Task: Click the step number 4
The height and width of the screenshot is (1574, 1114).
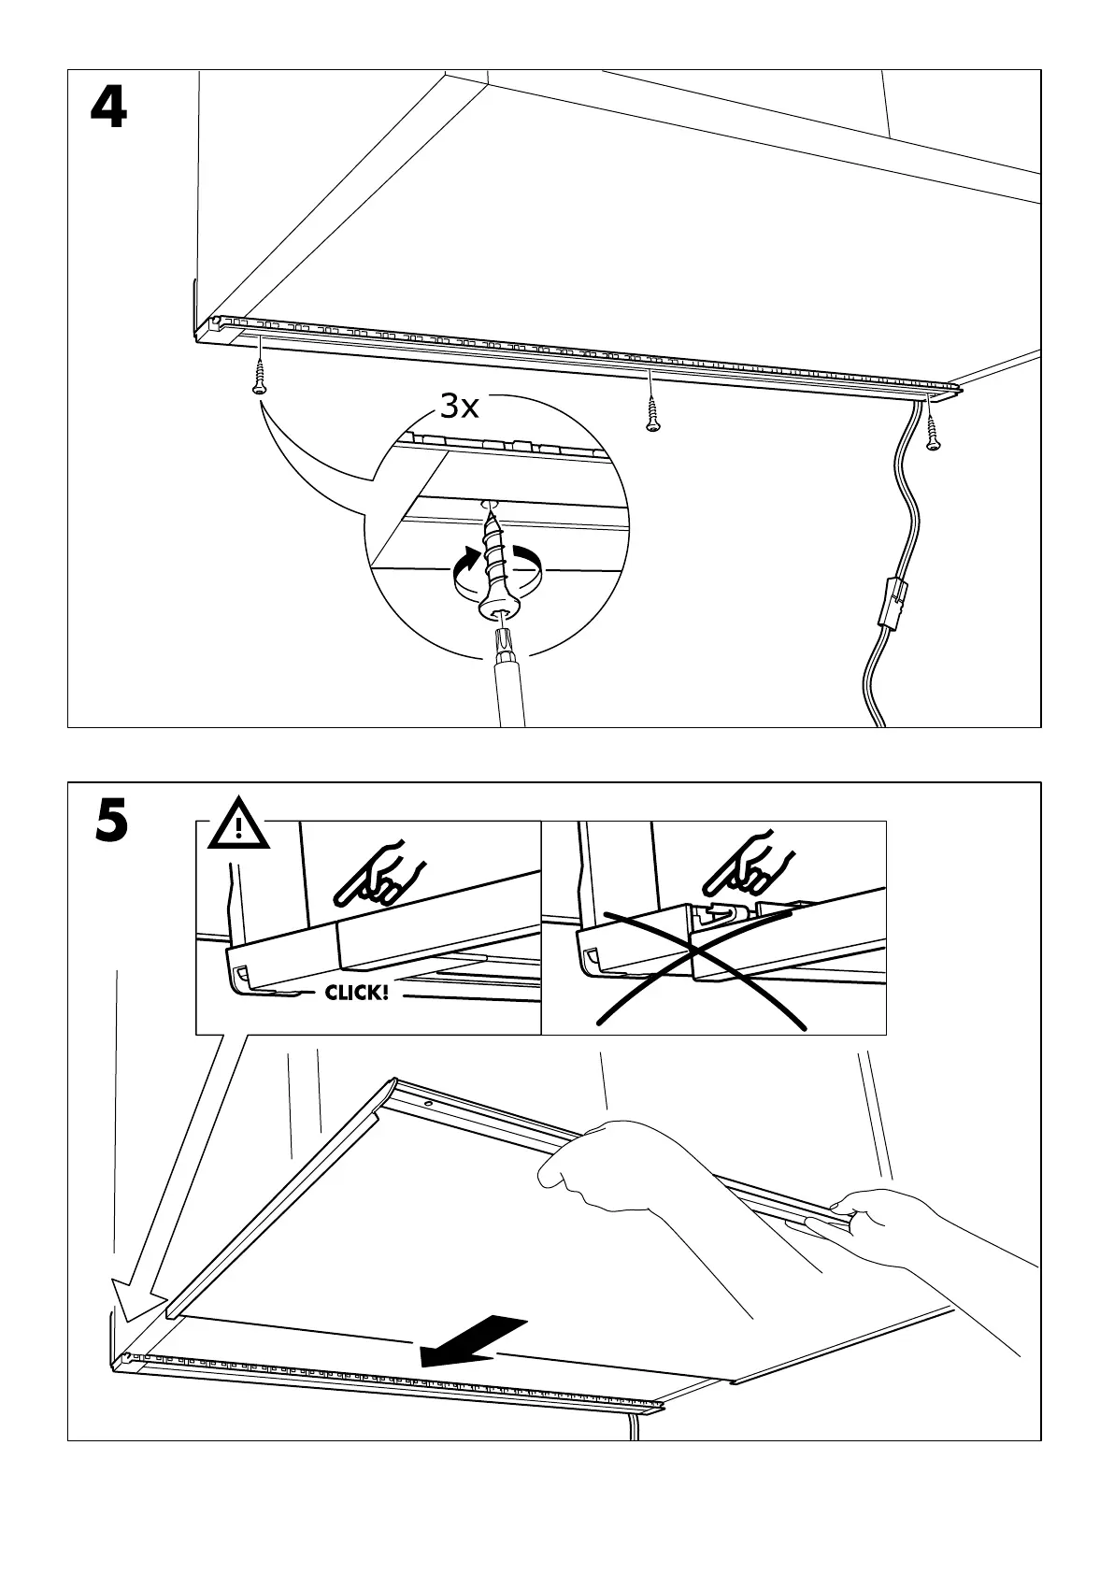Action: click(x=108, y=110)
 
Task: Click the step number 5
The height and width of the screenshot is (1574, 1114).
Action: click(x=111, y=821)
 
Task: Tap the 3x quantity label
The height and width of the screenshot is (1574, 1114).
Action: click(x=458, y=407)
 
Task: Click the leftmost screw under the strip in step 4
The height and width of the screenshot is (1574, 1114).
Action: click(x=259, y=382)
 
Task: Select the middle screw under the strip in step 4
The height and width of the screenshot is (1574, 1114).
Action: click(x=653, y=417)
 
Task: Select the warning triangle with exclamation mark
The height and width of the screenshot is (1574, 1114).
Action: click(x=239, y=825)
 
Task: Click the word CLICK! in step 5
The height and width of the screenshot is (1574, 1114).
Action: click(x=356, y=992)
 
